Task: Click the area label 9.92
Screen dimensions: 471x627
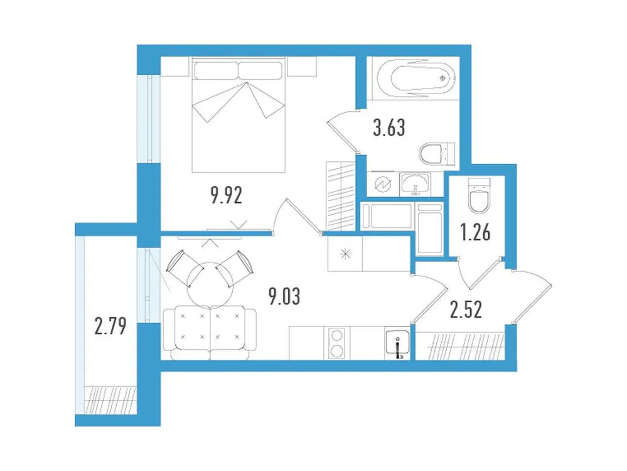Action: [227, 195]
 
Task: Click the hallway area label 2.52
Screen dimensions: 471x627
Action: [466, 310]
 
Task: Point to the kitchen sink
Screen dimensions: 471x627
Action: [397, 344]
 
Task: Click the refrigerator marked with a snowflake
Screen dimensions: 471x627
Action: [345, 255]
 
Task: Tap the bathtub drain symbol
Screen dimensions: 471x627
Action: [444, 78]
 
